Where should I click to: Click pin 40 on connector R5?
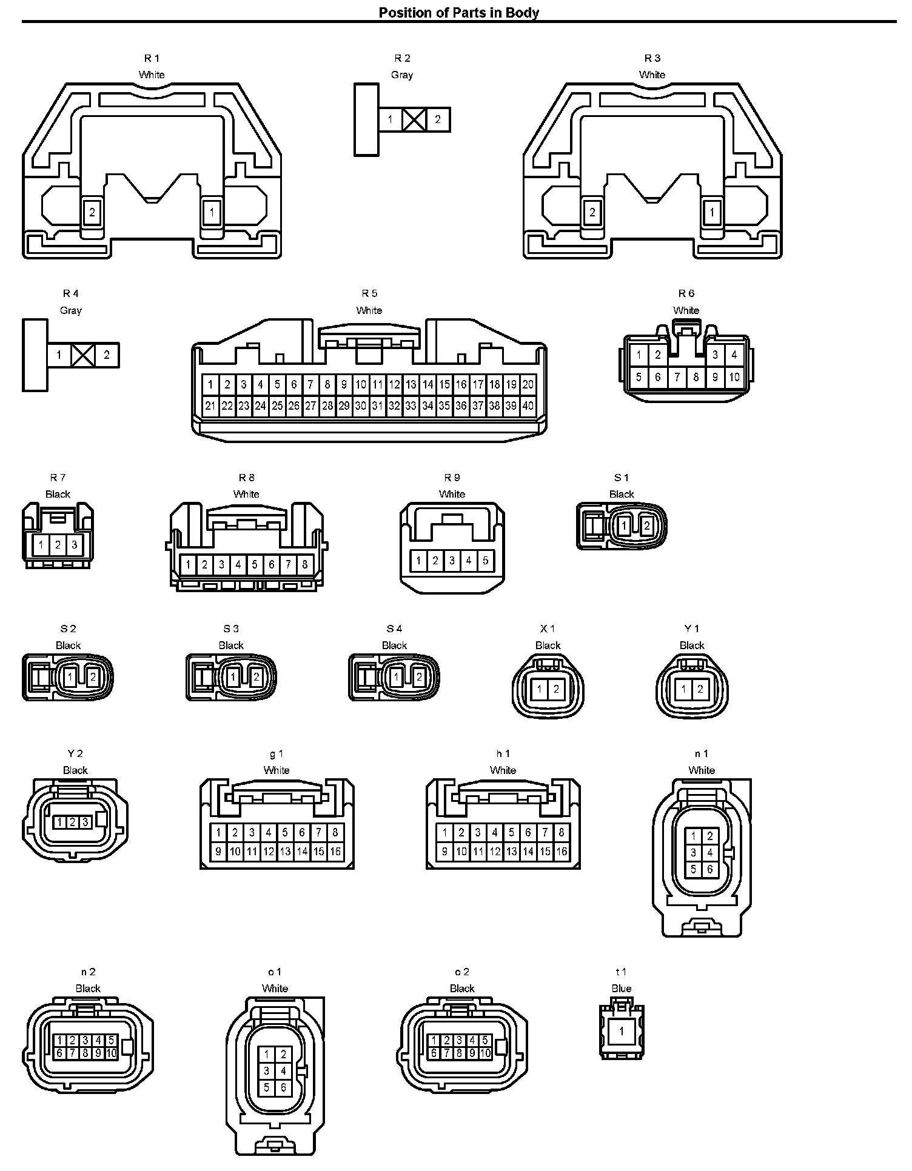point(528,405)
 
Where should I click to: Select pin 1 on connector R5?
point(210,384)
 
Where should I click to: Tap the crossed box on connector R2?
point(414,119)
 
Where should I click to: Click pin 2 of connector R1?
point(92,213)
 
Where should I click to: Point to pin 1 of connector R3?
point(712,213)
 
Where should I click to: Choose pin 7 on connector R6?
point(677,377)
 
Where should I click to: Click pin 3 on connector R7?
point(74,545)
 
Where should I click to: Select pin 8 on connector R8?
point(305,565)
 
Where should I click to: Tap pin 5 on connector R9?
point(486,561)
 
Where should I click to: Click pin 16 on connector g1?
point(335,852)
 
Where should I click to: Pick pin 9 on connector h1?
point(444,852)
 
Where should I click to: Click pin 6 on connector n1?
point(710,869)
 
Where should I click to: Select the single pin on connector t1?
point(621,1031)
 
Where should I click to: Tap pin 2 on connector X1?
point(556,689)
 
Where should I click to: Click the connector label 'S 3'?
point(231,629)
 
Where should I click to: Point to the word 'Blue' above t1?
point(622,989)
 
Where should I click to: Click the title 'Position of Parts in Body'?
point(458,12)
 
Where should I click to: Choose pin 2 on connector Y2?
point(72,822)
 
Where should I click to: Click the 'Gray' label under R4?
point(71,310)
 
